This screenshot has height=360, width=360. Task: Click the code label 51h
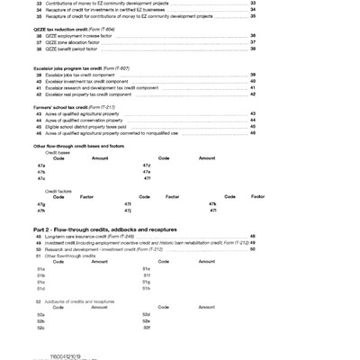click(147, 288)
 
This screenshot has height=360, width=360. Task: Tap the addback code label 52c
click(41, 327)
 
